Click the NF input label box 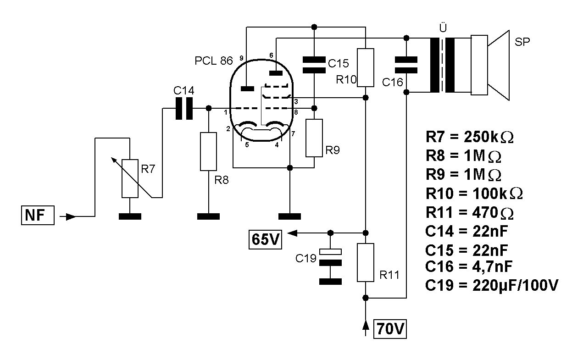click(x=38, y=215)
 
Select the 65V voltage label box click(x=265, y=238)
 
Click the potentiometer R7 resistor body click(x=130, y=178)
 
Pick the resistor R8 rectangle click(x=208, y=151)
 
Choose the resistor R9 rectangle click(x=314, y=138)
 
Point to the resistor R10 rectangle click(x=365, y=67)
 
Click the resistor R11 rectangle click(x=365, y=262)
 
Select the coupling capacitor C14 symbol click(x=184, y=108)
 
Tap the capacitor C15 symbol click(x=314, y=65)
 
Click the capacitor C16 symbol click(x=406, y=65)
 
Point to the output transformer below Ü click(x=442, y=65)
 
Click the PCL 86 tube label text click(x=214, y=61)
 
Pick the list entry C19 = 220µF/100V click(x=492, y=285)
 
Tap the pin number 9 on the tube click(x=241, y=58)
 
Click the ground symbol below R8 click(x=208, y=216)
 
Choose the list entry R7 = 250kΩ click(x=469, y=137)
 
